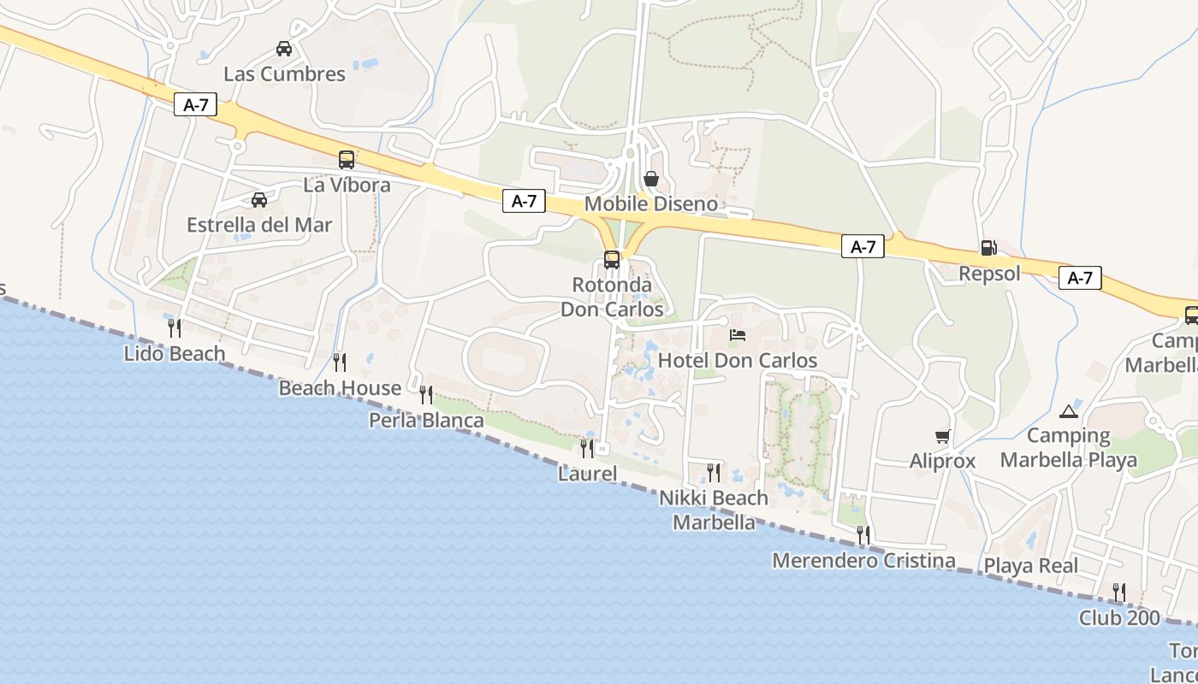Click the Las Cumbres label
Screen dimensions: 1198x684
pyautogui.click(x=284, y=74)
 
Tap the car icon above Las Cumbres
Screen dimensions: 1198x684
pyautogui.click(x=284, y=49)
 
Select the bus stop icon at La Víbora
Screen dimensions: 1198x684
pyautogui.click(x=347, y=159)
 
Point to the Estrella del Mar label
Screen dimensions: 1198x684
pyautogui.click(x=259, y=226)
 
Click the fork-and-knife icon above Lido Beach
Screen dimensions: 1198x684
pyautogui.click(x=175, y=327)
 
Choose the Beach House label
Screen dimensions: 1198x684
pyautogui.click(x=340, y=388)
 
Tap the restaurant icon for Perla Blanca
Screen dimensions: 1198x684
pyautogui.click(x=425, y=394)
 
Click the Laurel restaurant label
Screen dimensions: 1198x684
pyautogui.click(x=587, y=474)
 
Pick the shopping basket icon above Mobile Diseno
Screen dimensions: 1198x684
pyautogui.click(x=651, y=179)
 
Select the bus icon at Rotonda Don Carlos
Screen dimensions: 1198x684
pyautogui.click(x=612, y=259)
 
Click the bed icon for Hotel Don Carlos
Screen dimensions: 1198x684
pyautogui.click(x=738, y=334)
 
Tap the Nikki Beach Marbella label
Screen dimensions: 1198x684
pyautogui.click(x=714, y=510)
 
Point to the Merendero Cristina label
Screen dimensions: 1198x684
pyautogui.click(x=863, y=561)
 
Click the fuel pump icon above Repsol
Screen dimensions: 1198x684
pyautogui.click(x=988, y=248)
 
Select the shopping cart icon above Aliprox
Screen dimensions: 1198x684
pyautogui.click(x=943, y=437)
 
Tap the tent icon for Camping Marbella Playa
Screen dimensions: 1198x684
pyautogui.click(x=1069, y=411)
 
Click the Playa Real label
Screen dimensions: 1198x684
pyautogui.click(x=1030, y=566)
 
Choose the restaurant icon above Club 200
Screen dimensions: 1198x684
pyautogui.click(x=1118, y=592)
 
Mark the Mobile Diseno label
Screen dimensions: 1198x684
pyautogui.click(x=650, y=204)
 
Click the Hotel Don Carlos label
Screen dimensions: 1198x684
pyautogui.click(x=738, y=361)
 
